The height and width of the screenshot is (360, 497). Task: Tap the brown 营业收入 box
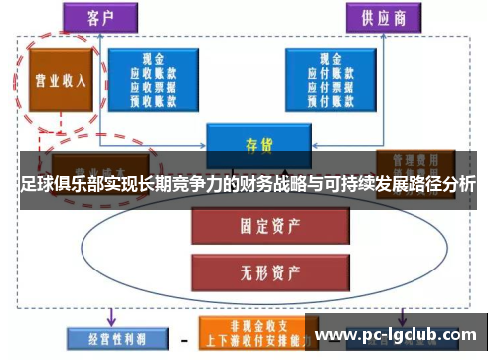tap(59, 80)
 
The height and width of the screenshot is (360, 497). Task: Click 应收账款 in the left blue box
tap(154, 72)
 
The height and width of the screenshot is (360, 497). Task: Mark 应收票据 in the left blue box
tap(154, 85)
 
